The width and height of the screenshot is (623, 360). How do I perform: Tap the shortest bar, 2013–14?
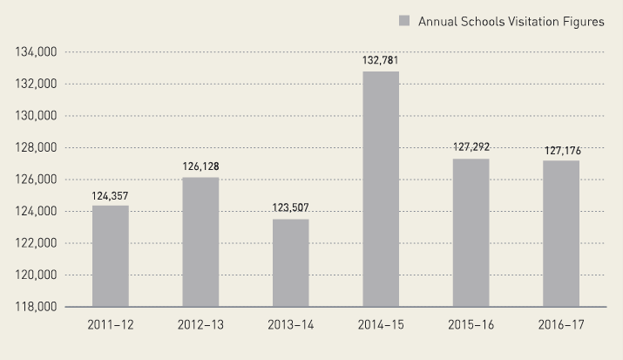(x=290, y=263)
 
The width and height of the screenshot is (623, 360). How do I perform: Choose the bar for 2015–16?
(x=471, y=233)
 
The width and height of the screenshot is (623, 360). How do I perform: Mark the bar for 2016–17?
(x=561, y=234)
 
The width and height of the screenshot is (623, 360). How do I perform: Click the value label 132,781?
(x=381, y=60)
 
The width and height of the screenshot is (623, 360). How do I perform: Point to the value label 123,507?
(x=290, y=208)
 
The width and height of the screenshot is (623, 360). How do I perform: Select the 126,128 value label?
(x=200, y=166)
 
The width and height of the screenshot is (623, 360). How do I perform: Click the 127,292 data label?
(x=471, y=147)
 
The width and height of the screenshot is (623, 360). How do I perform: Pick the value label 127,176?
(x=561, y=150)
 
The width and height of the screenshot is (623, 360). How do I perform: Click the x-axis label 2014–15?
(x=381, y=325)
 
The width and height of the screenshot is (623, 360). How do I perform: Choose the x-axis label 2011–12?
(x=110, y=325)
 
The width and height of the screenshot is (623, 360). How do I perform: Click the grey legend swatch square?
(x=404, y=22)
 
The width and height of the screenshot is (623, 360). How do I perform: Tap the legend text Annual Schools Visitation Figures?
(x=511, y=22)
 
